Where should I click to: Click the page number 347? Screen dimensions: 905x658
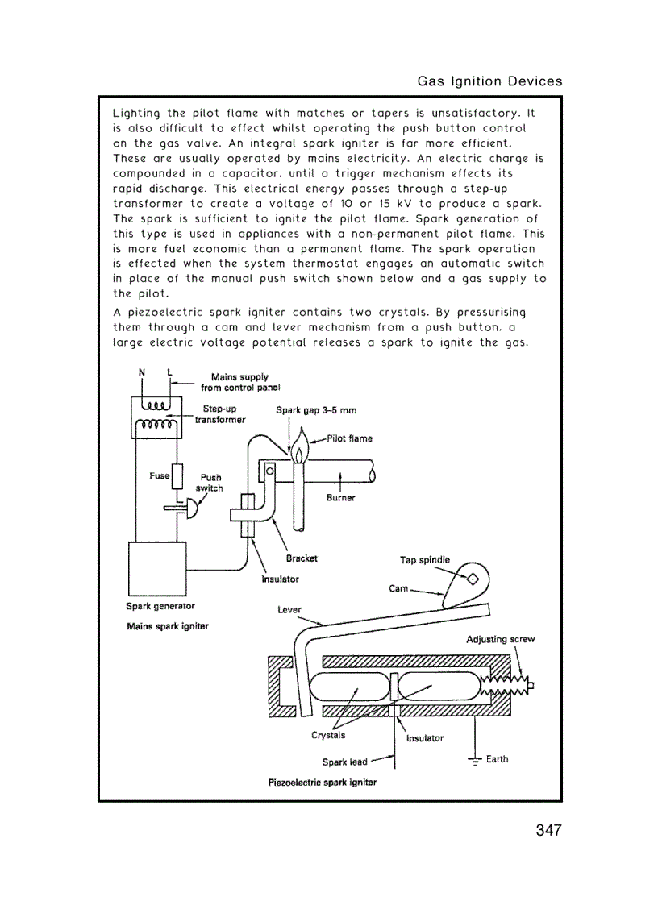pyautogui.click(x=548, y=830)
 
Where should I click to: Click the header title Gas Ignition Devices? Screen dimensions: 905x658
pyautogui.click(x=489, y=81)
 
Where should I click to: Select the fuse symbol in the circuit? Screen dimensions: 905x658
pyautogui.click(x=178, y=476)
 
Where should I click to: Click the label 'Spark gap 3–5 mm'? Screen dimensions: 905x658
pyautogui.click(x=316, y=410)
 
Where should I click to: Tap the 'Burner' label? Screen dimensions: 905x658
pyautogui.click(x=340, y=497)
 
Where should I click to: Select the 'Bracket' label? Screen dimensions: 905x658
pyautogui.click(x=302, y=558)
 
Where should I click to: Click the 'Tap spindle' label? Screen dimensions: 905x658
pyautogui.click(x=425, y=560)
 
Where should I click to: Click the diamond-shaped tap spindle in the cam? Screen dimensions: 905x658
pyautogui.click(x=472, y=578)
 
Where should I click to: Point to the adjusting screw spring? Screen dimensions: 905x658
pyautogui.click(x=505, y=686)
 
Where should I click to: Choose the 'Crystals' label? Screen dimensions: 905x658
pyautogui.click(x=328, y=735)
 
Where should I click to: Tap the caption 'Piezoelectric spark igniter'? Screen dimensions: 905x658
pyautogui.click(x=322, y=783)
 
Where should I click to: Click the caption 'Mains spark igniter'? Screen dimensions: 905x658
pyautogui.click(x=168, y=626)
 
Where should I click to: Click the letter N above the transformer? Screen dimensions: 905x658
pyautogui.click(x=142, y=372)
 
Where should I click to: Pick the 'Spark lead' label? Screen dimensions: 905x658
pyautogui.click(x=344, y=762)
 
